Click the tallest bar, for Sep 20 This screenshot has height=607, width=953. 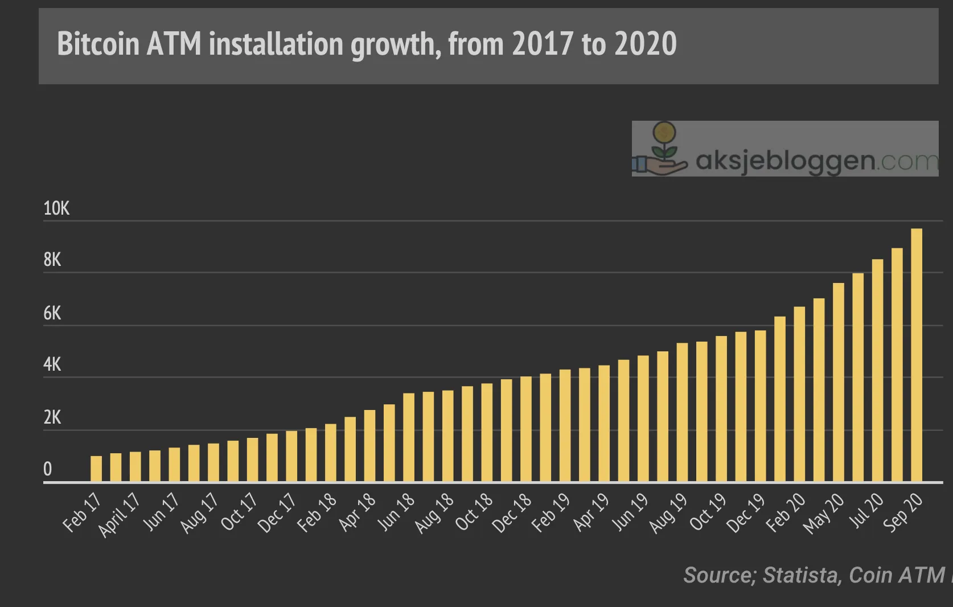click(x=917, y=355)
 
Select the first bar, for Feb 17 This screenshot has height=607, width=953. click(x=96, y=469)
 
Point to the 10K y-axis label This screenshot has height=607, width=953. click(x=56, y=209)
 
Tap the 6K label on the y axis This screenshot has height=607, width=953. click(x=52, y=313)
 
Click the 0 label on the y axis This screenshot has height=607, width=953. click(x=48, y=469)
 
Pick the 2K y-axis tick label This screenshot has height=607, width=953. click(x=52, y=417)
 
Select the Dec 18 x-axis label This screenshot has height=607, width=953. click(x=512, y=513)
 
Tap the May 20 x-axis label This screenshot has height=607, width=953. click(x=823, y=514)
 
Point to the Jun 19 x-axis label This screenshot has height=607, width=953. click(x=630, y=512)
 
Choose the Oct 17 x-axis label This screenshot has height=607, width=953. click(x=239, y=512)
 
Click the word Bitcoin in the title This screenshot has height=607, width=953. click(x=98, y=44)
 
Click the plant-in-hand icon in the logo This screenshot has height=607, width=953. click(x=660, y=149)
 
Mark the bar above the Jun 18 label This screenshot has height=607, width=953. click(x=409, y=437)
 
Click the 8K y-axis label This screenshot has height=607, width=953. click(x=52, y=260)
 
